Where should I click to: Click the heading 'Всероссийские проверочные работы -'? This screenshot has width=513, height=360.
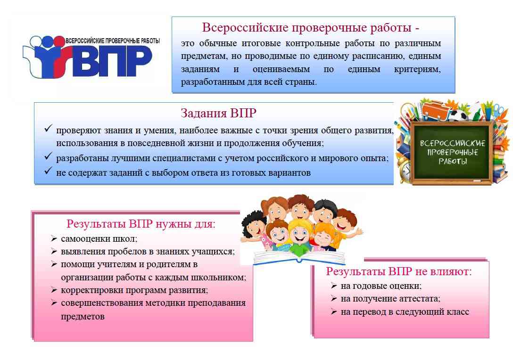pyautogui.click(x=310, y=27)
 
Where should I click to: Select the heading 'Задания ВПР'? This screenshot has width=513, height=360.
pyautogui.click(x=219, y=113)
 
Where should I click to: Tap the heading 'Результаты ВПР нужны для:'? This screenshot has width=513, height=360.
pyautogui.click(x=141, y=224)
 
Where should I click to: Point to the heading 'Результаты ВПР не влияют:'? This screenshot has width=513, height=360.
pyautogui.click(x=399, y=271)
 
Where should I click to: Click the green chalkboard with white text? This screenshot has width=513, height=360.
pyautogui.click(x=452, y=152)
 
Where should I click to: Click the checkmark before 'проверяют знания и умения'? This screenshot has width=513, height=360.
pyautogui.click(x=48, y=129)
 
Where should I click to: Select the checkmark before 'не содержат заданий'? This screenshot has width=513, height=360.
pyautogui.click(x=48, y=171)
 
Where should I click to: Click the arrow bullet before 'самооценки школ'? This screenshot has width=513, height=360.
pyautogui.click(x=54, y=239)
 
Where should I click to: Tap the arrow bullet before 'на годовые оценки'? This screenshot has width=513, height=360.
pyautogui.click(x=334, y=286)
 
